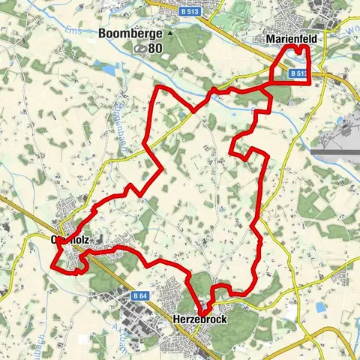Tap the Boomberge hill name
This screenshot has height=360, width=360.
[x=130, y=34]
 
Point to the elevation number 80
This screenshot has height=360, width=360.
[x=155, y=49]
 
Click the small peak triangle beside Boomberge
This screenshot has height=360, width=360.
[x=170, y=34]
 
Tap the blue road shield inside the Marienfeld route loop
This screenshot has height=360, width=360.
[x=297, y=73]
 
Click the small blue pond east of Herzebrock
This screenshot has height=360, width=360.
[x=322, y=307]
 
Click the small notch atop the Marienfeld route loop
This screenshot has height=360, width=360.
[x=298, y=48]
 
